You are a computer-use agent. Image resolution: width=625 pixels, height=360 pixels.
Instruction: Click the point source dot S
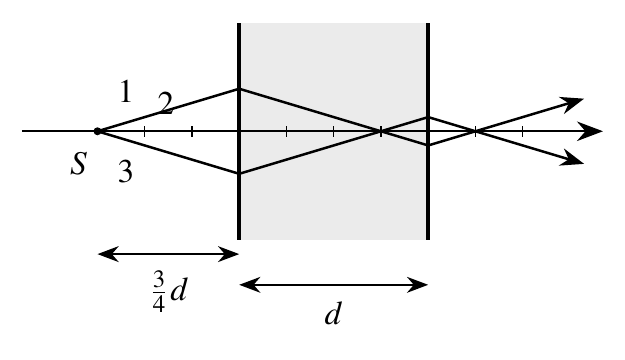pos(97,131)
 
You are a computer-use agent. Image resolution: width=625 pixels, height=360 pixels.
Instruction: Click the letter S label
pos(79,164)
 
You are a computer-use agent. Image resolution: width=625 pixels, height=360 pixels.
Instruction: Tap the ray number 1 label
pos(126,91)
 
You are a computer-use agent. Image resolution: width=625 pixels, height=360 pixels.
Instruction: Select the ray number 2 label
pos(165,103)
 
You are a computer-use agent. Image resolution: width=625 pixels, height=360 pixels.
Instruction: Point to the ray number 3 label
pos(126,172)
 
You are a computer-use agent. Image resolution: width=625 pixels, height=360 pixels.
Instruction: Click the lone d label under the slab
pos(333,313)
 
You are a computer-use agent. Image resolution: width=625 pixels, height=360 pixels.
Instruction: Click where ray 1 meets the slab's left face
pos(239,89)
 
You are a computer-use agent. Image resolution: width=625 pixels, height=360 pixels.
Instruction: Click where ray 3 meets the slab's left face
pos(239,173)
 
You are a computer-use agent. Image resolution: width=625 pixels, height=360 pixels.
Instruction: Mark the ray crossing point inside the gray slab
pos(381,131)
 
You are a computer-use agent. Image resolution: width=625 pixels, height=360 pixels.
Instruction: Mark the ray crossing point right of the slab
pos(476,131)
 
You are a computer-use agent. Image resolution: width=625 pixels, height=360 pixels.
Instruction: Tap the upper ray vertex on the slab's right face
pos(428,117)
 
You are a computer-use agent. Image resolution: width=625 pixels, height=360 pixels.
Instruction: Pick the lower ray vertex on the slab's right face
pos(428,145)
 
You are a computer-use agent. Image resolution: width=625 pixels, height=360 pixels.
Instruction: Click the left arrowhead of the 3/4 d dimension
pos(108,254)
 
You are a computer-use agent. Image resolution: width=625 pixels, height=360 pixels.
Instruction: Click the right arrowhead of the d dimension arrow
pos(417,285)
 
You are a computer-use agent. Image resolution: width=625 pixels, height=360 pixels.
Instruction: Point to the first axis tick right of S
pos(144,131)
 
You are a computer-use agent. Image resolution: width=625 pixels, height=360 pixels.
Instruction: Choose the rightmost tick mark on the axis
pos(523,131)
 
